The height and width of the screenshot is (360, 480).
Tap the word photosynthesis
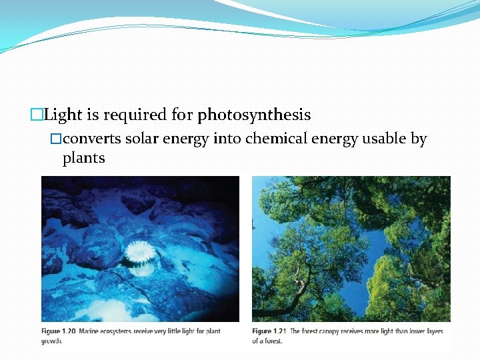pyautogui.click(x=254, y=115)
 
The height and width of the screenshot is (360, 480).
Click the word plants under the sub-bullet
pyautogui.click(x=83, y=159)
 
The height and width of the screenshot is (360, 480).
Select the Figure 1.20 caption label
pyautogui.click(x=59, y=331)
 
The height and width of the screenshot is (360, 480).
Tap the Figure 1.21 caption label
pyautogui.click(x=270, y=331)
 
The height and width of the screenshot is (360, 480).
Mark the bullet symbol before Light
pyautogui.click(x=37, y=115)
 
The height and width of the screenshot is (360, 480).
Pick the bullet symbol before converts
pyautogui.click(x=56, y=139)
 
